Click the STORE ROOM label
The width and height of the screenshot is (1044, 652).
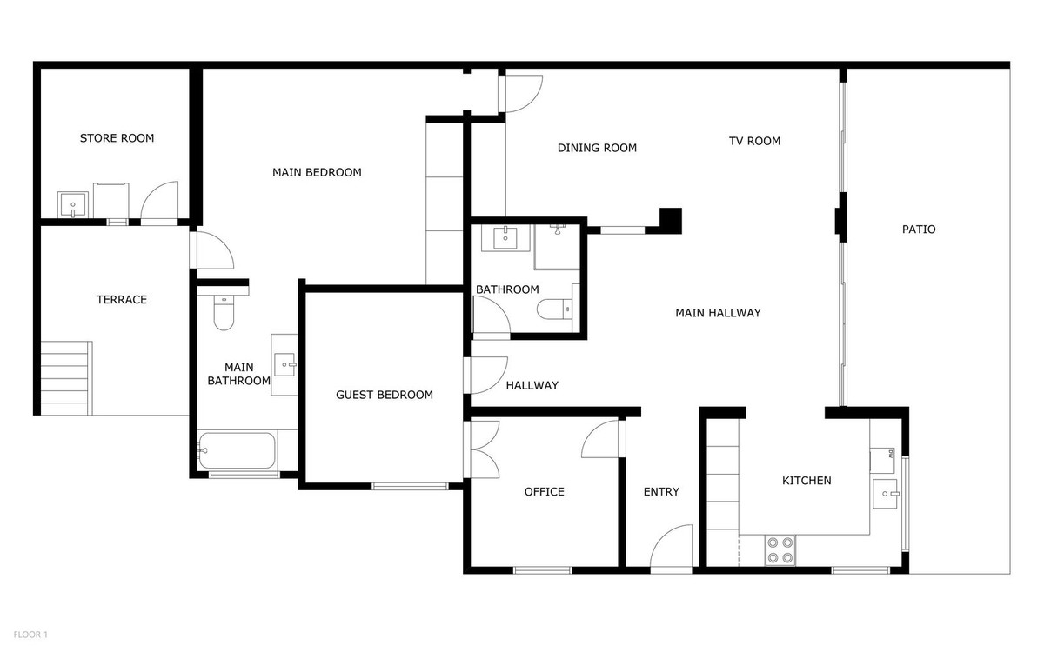click(117, 138)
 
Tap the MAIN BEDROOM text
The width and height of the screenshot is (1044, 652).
click(317, 172)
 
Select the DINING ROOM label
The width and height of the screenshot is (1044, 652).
click(597, 148)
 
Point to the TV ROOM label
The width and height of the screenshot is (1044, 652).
click(754, 141)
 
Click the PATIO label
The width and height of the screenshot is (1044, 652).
click(919, 230)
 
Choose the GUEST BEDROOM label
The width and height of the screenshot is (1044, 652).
click(385, 395)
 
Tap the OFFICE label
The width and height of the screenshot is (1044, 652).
click(544, 492)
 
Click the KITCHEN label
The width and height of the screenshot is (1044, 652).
click(806, 481)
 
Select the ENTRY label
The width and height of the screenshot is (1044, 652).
click(661, 492)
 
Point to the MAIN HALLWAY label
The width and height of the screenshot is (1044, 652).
click(718, 313)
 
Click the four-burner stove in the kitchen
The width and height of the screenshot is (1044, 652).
click(780, 549)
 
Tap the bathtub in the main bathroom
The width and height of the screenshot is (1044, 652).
click(237, 450)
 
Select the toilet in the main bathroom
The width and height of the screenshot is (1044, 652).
click(224, 311)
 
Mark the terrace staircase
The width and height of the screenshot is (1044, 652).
click(65, 378)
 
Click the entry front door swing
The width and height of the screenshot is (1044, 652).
click(673, 548)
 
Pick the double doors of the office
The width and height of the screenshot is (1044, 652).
click(483, 449)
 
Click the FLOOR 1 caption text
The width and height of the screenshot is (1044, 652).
click(30, 635)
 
